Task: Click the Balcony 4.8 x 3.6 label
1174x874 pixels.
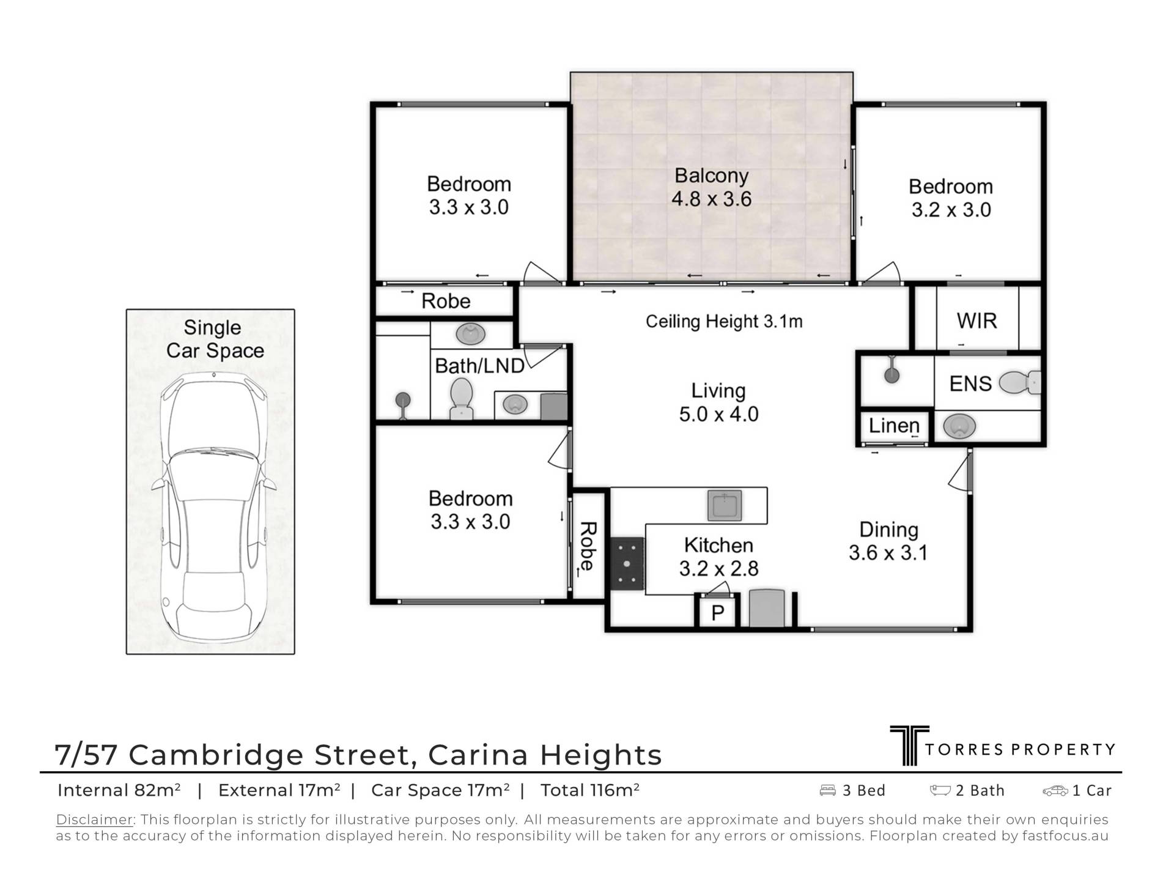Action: (711, 187)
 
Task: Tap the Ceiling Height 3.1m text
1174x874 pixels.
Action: (724, 321)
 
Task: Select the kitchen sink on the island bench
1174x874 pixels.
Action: (725, 506)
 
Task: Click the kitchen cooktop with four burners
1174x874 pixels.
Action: (627, 563)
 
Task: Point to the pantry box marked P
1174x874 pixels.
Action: (718, 612)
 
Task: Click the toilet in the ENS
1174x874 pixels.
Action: (1019, 383)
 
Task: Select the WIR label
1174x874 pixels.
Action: (976, 320)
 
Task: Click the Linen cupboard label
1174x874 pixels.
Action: (894, 425)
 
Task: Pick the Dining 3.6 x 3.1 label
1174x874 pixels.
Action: (888, 541)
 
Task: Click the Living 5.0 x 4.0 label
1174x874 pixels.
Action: (718, 402)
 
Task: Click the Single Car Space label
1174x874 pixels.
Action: (215, 339)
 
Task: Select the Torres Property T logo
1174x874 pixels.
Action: (909, 745)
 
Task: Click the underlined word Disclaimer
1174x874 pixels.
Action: (95, 820)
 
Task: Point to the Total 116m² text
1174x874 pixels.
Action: (590, 790)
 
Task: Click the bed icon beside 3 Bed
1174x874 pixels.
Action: (827, 790)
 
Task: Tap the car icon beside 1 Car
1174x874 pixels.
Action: (1055, 791)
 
